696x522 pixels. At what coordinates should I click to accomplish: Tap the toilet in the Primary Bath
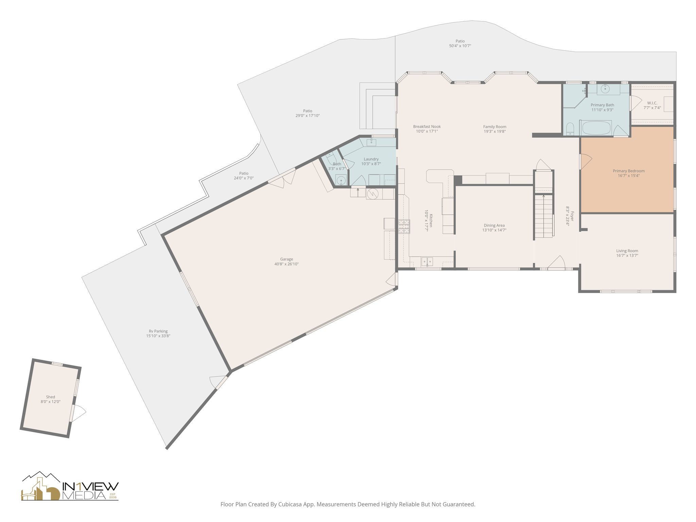[x=570, y=128]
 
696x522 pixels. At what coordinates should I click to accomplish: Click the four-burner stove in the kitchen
[x=404, y=226]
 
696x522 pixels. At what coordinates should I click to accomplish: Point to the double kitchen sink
[x=427, y=261]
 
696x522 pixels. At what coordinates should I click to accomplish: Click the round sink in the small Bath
[x=341, y=180]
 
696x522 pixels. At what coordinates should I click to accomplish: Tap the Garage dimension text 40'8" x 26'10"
[x=286, y=264]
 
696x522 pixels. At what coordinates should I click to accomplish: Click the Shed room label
[x=50, y=397]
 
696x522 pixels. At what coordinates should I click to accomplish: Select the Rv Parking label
[x=158, y=331]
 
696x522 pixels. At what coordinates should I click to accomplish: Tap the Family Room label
[x=494, y=127]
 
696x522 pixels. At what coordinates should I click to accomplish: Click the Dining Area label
[x=494, y=225]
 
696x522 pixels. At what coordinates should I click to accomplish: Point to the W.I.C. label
[x=652, y=103]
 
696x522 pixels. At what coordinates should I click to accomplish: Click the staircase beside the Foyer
[x=543, y=216]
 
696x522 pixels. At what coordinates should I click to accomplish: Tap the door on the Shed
[x=78, y=413]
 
